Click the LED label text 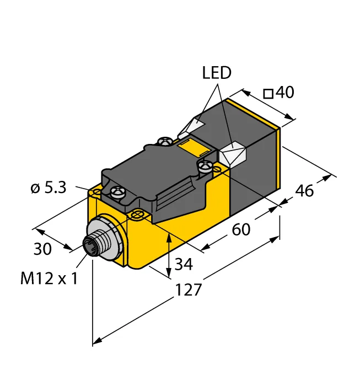(217, 73)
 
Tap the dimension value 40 (284, 92)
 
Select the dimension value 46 (304, 191)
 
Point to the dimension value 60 (241, 229)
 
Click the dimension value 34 (184, 264)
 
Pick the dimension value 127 (188, 289)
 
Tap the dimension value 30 (42, 249)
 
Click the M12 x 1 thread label (49, 278)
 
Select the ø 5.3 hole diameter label (49, 188)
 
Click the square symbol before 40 (268, 94)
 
